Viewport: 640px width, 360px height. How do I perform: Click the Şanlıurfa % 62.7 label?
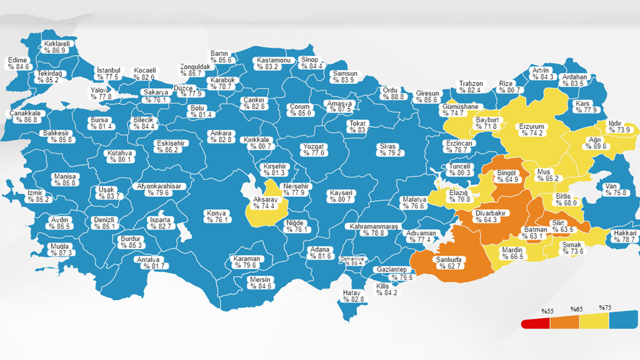tap(449, 262)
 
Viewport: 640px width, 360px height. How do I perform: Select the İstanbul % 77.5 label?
tap(109, 74)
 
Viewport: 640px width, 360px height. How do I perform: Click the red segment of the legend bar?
tap(535, 323)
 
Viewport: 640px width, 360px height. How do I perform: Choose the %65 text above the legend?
tap(575, 309)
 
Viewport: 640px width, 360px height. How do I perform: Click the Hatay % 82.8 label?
tap(354, 296)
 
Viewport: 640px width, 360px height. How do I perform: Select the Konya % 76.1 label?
tap(217, 216)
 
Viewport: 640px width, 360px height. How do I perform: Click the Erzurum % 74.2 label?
tap(531, 130)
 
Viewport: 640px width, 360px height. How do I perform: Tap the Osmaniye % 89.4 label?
tap(353, 261)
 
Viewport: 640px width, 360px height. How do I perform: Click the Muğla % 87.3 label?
tap(59, 249)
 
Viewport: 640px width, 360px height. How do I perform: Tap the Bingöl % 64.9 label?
tap(504, 176)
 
